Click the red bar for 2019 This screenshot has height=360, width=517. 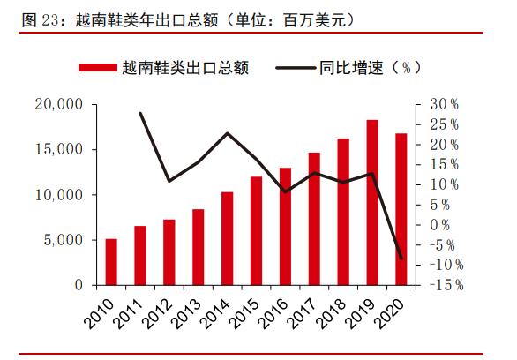[372, 202]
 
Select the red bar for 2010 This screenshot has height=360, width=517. [111, 262]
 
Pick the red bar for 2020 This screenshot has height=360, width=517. [401, 209]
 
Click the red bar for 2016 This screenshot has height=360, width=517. [285, 226]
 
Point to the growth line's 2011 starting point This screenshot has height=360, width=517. [140, 113]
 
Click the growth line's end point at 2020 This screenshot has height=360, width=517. [401, 259]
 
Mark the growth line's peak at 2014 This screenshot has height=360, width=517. [227, 133]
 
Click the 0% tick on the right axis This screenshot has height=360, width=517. [439, 225]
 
